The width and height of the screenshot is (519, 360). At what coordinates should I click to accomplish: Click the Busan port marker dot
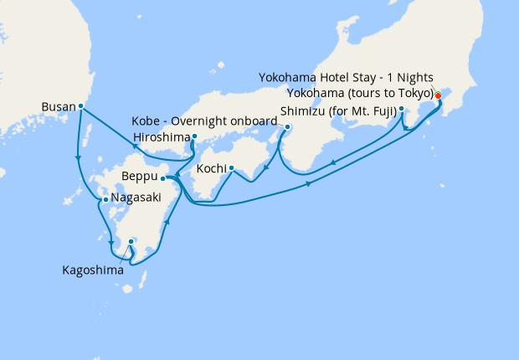(80, 106)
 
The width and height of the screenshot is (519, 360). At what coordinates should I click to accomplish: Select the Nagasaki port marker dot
(105, 200)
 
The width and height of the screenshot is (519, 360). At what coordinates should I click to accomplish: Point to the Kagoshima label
(95, 270)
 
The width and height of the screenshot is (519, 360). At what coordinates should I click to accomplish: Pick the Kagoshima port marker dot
(131, 242)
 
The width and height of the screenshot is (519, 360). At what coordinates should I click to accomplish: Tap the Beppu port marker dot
(163, 177)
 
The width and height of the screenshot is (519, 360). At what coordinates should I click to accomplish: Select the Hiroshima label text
(162, 137)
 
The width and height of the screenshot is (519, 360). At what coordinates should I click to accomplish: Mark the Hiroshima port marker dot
(194, 136)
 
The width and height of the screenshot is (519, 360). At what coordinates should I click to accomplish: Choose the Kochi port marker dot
(231, 167)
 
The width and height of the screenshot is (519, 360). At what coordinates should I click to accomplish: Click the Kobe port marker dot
(287, 127)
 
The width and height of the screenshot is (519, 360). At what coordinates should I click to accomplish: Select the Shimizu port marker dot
(402, 109)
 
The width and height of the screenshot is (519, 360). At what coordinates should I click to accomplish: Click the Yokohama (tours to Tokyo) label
(361, 92)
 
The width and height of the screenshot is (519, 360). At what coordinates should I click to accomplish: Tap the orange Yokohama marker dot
(438, 95)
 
